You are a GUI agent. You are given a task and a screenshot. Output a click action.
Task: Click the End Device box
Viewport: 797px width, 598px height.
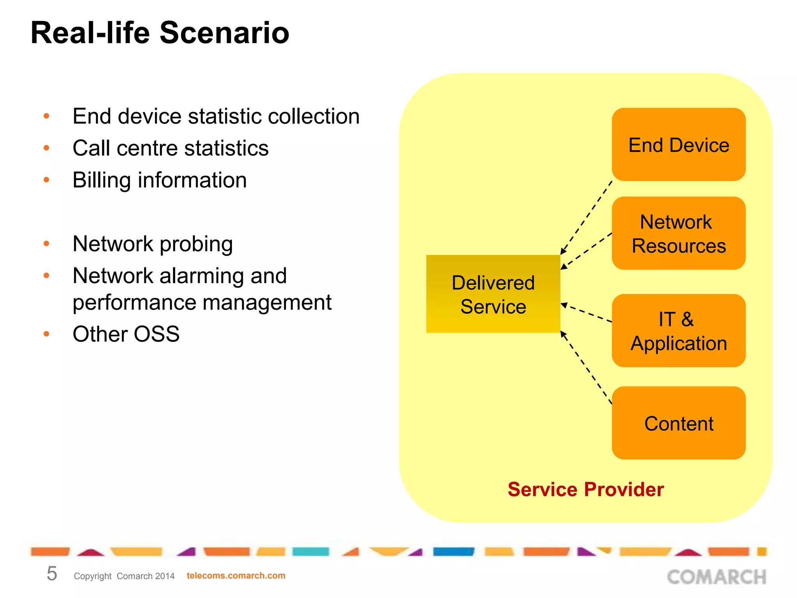coord(678,144)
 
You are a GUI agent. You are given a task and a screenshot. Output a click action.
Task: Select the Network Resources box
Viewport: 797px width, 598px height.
coord(678,233)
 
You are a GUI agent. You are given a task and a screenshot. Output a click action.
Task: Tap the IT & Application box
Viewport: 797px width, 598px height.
coord(678,331)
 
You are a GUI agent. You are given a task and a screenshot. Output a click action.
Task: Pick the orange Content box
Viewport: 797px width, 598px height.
coord(678,423)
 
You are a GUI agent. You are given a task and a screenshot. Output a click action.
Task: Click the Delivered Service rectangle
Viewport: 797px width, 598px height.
coord(493,294)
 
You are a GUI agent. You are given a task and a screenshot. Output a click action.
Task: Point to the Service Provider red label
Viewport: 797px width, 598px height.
coord(585,489)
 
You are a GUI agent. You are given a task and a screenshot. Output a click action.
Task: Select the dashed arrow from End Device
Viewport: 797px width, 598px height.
coord(586,218)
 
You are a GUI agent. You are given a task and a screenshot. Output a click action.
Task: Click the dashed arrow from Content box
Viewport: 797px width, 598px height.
coord(586,368)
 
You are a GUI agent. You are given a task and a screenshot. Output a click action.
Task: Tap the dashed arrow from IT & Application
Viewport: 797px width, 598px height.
coord(586,313)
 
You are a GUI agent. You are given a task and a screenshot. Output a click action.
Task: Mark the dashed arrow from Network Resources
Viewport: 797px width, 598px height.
coord(586,251)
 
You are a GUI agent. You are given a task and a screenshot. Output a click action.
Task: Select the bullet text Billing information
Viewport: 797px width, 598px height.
coord(160,180)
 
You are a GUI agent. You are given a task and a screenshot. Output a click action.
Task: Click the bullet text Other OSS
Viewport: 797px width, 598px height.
coord(126,334)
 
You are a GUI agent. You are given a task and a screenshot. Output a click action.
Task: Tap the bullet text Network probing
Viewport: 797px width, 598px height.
coord(153,244)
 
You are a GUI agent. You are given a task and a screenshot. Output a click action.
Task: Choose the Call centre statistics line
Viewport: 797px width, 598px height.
coord(170,148)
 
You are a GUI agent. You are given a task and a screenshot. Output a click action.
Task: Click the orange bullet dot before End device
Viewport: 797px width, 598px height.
coord(46,116)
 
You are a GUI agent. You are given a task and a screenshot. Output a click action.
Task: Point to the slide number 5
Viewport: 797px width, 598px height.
coord(52,574)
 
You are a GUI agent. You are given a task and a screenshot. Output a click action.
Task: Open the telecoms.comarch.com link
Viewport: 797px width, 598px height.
coord(236,575)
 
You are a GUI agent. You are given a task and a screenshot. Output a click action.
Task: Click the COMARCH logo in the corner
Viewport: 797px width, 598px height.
coord(716,577)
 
